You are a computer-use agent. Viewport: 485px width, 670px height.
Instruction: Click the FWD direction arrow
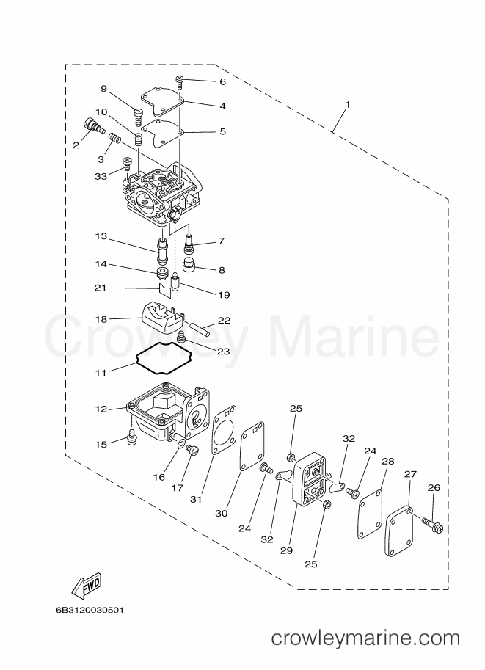pos(87,583)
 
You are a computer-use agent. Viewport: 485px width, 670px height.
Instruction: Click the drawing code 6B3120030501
pos(90,610)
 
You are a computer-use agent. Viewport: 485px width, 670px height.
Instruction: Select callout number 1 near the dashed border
pos(348,104)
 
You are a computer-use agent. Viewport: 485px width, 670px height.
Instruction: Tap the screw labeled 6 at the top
pos(180,81)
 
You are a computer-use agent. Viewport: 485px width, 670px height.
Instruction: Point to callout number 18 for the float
pos(101,319)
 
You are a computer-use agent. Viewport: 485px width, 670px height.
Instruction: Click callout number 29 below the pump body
pos(286,551)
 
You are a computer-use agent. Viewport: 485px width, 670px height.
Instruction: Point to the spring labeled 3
pos(114,138)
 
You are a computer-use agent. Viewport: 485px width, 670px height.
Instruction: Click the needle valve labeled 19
pos(175,281)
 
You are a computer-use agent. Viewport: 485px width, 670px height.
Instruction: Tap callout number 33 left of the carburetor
pos(101,176)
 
